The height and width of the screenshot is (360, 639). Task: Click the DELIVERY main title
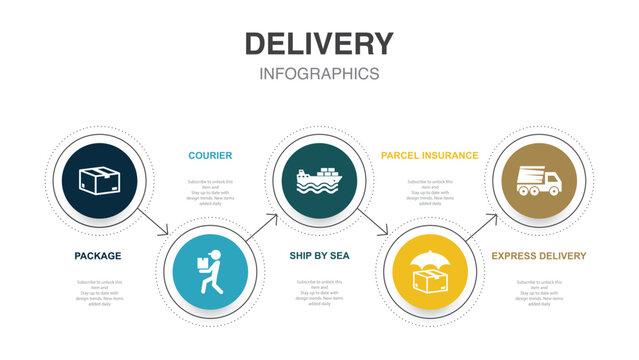tap(319, 44)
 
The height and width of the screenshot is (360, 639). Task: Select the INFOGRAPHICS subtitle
tap(319, 74)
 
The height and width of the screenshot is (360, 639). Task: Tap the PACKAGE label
tap(98, 256)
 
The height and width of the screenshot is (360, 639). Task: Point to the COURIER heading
tap(210, 155)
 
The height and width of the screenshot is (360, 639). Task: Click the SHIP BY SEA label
tap(319, 256)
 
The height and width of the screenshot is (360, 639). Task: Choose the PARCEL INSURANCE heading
tap(429, 155)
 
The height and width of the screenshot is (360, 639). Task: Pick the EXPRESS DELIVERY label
tap(538, 256)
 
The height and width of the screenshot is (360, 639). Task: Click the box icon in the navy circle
tap(98, 180)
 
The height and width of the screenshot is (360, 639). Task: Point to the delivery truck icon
tap(538, 181)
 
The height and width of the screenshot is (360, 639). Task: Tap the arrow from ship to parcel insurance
tap(373, 223)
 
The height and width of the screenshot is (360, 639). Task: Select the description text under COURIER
tap(209, 190)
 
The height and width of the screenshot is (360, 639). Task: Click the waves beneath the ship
tap(319, 185)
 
